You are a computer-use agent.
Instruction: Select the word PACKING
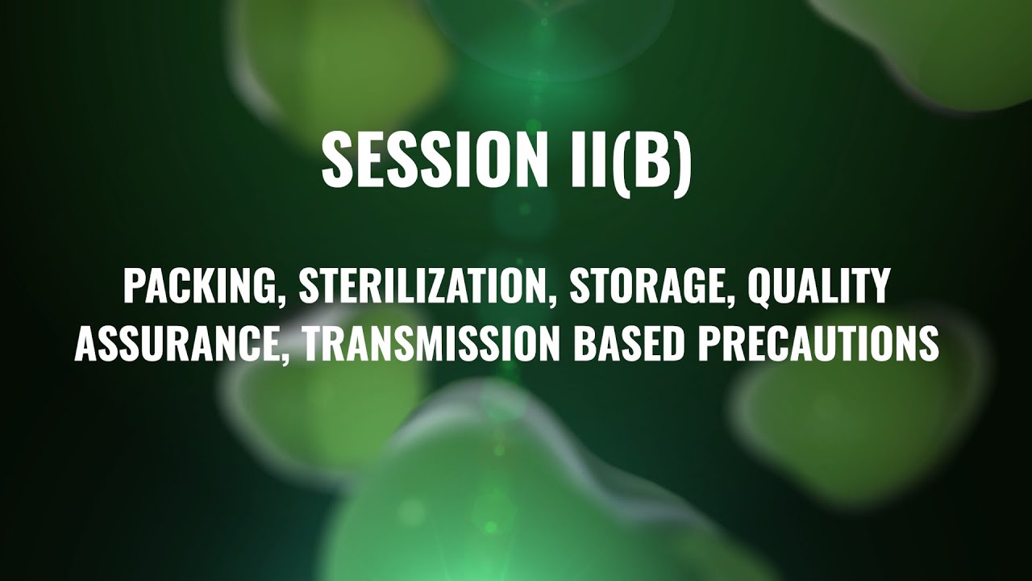click(201, 288)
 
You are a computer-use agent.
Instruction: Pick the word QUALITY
click(818, 288)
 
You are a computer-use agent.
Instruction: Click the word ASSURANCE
click(177, 345)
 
